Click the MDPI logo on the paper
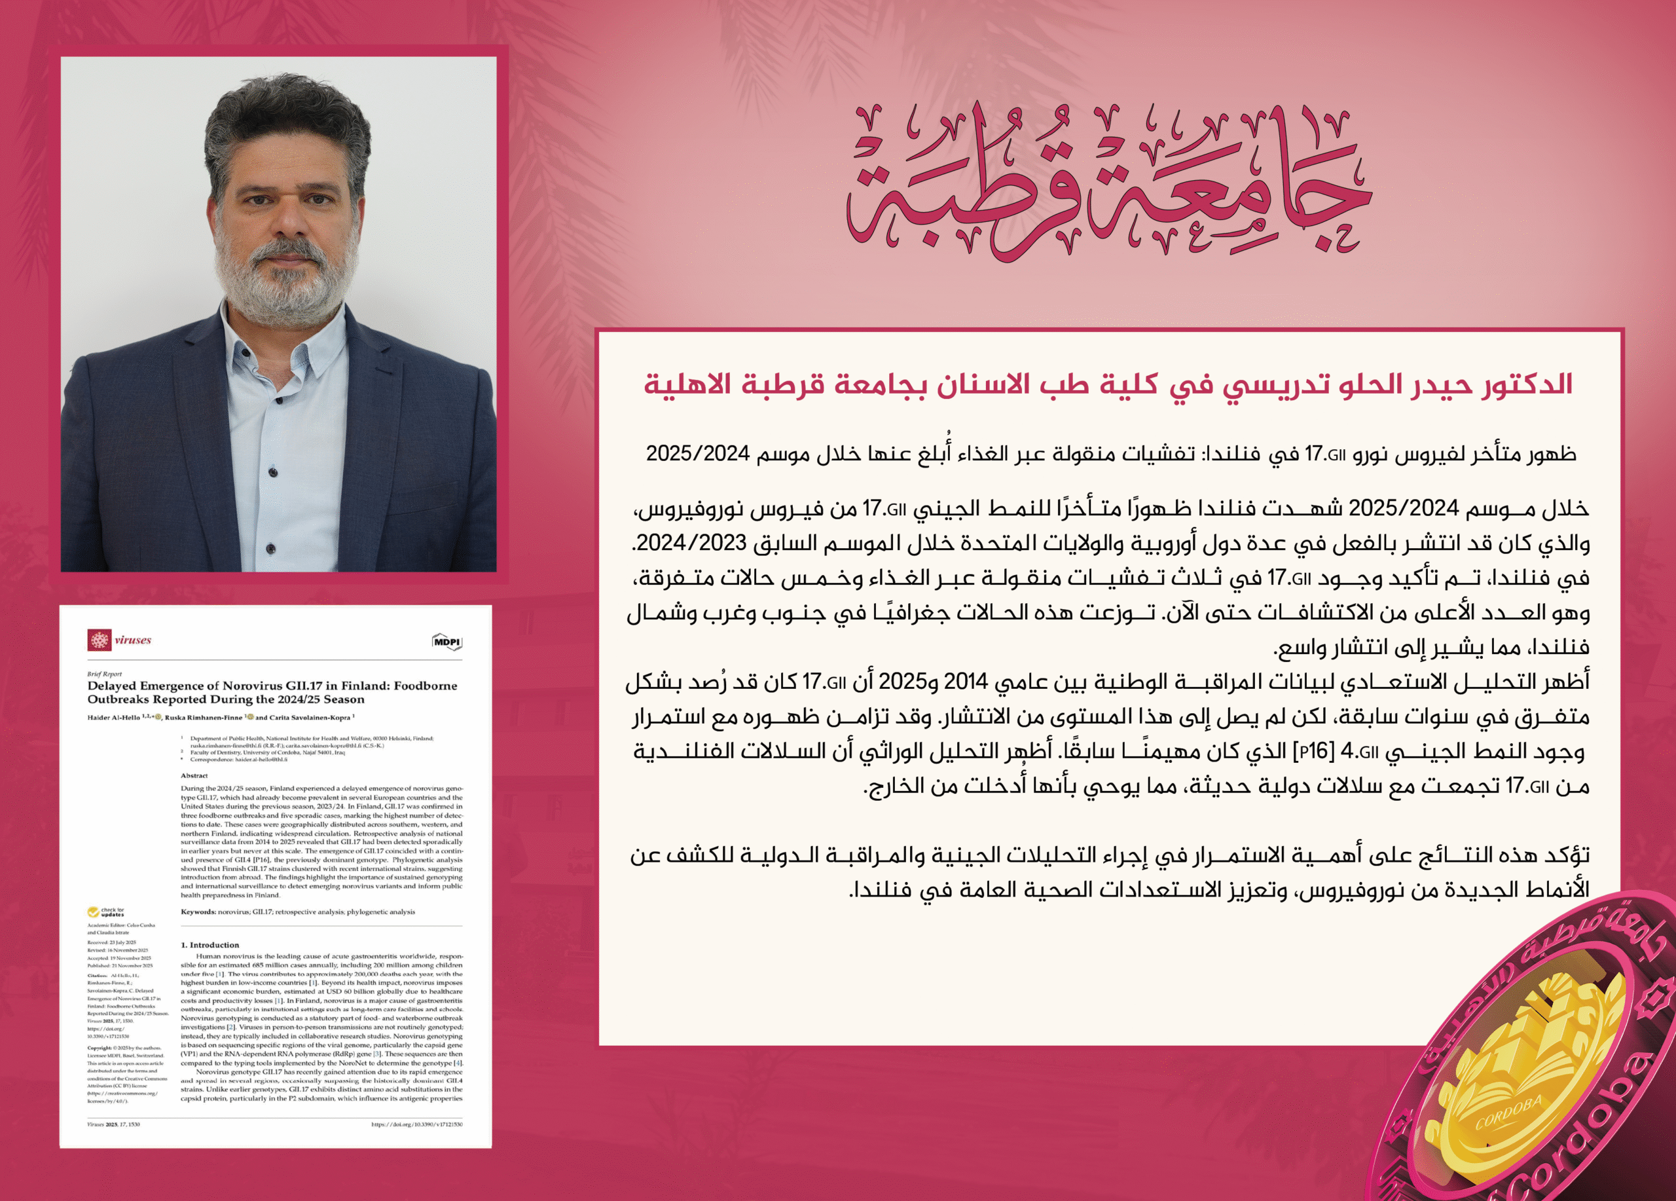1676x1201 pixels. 447,642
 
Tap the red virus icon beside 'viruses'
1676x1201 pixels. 99,640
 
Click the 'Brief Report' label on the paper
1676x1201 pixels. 104,674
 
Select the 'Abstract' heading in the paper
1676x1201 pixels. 194,775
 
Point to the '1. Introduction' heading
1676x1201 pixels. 210,944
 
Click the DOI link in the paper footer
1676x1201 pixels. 417,1124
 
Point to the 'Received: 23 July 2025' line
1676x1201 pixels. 111,942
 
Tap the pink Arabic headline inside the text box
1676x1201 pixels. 1108,384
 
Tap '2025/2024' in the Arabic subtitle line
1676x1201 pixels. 698,454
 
